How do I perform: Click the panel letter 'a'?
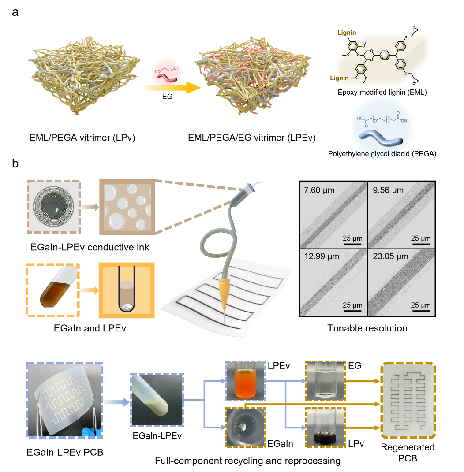[x=15, y=12]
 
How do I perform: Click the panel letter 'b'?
[x=15, y=164]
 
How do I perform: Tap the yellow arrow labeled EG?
[x=170, y=88]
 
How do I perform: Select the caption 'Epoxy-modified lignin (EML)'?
[x=382, y=93]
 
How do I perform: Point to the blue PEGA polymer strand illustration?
[x=381, y=138]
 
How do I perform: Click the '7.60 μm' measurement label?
[x=319, y=190]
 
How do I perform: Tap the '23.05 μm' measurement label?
[x=390, y=256]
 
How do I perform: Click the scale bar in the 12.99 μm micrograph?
[x=352, y=311]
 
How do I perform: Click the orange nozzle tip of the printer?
[x=224, y=294]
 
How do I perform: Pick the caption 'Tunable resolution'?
[x=367, y=328]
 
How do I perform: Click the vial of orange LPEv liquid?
[x=245, y=381]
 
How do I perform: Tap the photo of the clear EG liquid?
[x=326, y=381]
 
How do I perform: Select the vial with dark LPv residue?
[x=326, y=427]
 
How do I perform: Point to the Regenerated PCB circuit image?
[x=408, y=401]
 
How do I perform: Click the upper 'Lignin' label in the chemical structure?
[x=347, y=33]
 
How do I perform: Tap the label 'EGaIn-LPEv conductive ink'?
[x=90, y=247]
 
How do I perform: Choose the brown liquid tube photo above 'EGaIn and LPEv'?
[x=53, y=290]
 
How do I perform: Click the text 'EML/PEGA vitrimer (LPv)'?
[x=82, y=138]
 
